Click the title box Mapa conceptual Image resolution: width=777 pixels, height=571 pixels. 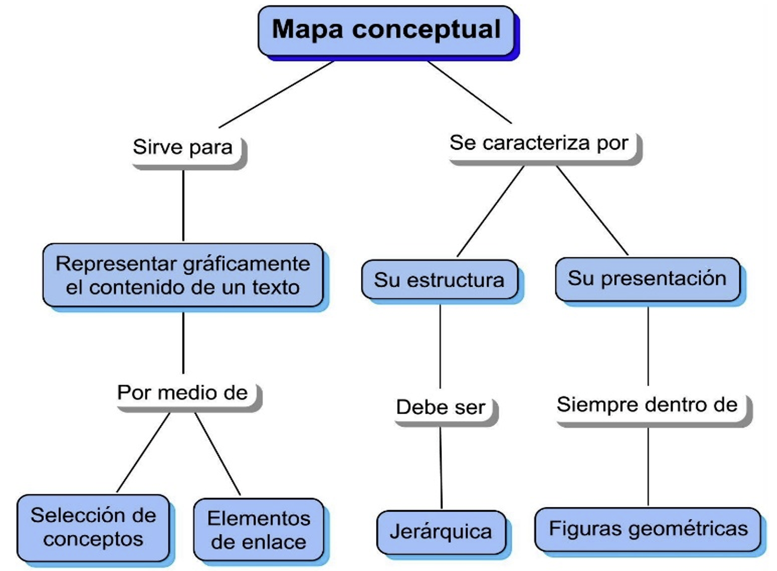[x=386, y=30]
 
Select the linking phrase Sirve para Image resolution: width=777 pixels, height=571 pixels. [x=183, y=147]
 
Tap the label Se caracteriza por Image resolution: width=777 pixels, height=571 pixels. [x=539, y=143]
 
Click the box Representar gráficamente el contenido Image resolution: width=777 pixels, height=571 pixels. [x=183, y=275]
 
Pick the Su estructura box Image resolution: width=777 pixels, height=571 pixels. [x=439, y=280]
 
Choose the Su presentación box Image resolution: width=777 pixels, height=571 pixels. [x=647, y=278]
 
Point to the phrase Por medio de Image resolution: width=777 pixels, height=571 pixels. [x=183, y=393]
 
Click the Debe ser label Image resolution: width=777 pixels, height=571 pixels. [x=441, y=407]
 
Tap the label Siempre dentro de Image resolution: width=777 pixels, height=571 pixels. [x=647, y=405]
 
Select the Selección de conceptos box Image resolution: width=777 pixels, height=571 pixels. [x=93, y=527]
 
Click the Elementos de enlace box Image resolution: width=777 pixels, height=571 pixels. [x=258, y=530]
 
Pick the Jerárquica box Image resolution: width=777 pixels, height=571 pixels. [x=441, y=532]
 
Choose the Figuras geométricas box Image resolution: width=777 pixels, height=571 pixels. [x=648, y=529]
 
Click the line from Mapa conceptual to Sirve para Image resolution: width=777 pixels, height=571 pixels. [x=276, y=95]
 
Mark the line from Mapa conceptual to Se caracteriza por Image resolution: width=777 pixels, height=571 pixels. [x=469, y=93]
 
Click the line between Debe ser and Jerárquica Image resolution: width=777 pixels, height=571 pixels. [x=441, y=467]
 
